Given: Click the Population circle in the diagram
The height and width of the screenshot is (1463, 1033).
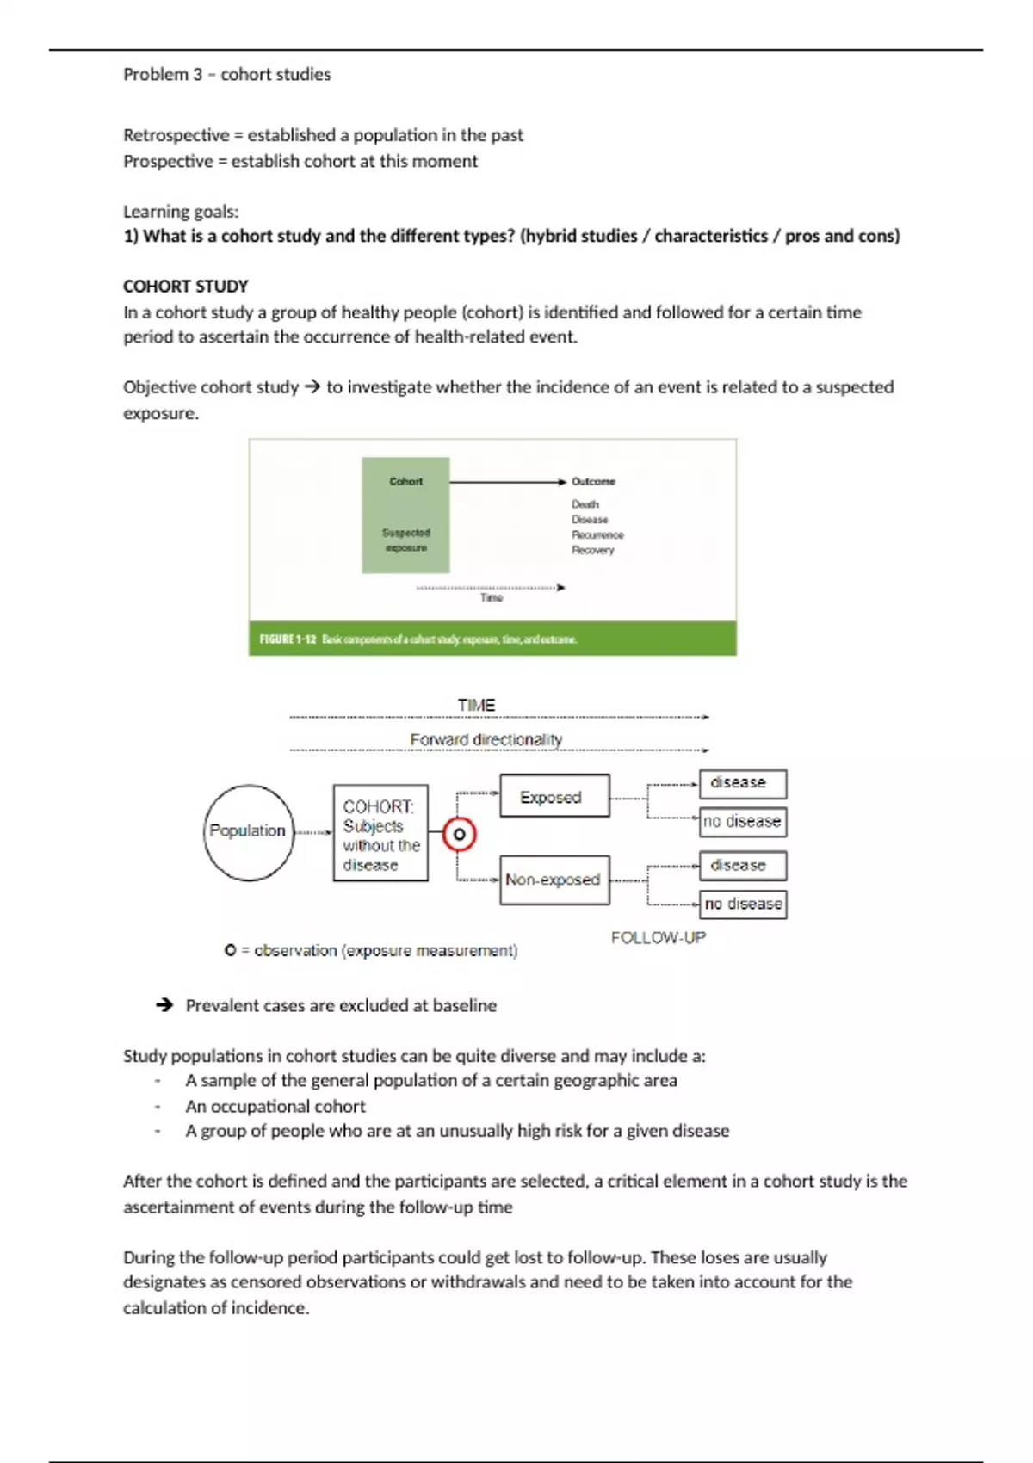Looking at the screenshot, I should click(x=248, y=831).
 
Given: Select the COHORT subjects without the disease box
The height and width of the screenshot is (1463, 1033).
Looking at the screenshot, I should click(x=380, y=832).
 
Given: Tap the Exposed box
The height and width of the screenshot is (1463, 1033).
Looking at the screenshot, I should click(x=554, y=796).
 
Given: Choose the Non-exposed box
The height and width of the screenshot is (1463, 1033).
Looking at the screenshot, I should click(x=554, y=879).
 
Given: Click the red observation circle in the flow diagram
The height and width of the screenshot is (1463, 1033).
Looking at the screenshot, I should click(x=459, y=834).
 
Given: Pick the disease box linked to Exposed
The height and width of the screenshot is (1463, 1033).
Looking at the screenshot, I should click(x=742, y=782).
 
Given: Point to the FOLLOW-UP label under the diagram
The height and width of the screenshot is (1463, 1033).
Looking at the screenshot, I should click(x=658, y=937).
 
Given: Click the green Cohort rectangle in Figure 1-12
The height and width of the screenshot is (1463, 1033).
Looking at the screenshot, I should click(x=405, y=515).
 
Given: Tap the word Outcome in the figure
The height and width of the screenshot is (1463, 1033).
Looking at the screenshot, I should click(x=593, y=481).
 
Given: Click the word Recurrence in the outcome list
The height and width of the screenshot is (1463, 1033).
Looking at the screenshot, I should click(x=597, y=534).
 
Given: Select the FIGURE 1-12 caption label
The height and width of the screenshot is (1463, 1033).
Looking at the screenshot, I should click(x=288, y=639).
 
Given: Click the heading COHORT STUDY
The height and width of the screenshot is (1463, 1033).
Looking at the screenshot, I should click(x=185, y=287).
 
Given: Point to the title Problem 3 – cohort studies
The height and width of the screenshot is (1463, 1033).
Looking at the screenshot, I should click(x=226, y=75).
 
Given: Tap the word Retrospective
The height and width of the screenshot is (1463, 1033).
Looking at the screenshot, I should click(x=176, y=135).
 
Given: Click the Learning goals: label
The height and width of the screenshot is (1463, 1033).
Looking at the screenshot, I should click(x=181, y=212).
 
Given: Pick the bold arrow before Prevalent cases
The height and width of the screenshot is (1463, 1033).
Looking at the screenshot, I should click(x=164, y=1004).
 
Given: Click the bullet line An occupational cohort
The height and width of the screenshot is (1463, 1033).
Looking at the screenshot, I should click(x=275, y=1106).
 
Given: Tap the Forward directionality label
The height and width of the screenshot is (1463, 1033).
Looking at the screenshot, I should click(x=486, y=739).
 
